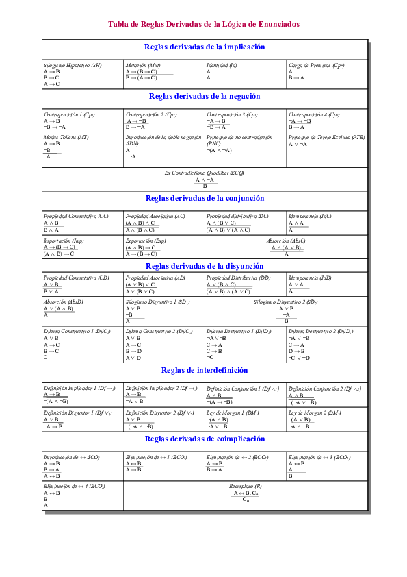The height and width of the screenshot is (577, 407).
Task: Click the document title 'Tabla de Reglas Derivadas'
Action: [204, 24]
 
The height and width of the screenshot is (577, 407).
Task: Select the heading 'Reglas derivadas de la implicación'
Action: [205, 47]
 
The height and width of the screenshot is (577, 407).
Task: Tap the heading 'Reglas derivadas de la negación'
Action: [205, 97]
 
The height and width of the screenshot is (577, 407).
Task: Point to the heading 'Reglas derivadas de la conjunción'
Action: [205, 198]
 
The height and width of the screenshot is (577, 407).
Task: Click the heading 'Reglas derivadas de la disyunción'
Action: [205, 265]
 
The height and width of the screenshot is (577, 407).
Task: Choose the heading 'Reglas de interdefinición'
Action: [205, 370]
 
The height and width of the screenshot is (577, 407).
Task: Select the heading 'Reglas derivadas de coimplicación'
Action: [205, 439]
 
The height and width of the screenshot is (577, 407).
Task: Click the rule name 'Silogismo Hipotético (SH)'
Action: [73, 65]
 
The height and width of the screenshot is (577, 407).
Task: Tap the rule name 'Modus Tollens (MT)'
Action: [66, 137]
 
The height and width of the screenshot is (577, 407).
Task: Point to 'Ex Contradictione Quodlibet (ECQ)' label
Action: [205, 173]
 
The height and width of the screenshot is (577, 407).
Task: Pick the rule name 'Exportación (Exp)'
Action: [146, 241]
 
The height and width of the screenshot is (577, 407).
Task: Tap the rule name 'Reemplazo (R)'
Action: [245, 486]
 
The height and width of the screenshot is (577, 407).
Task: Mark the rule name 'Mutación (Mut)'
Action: [143, 65]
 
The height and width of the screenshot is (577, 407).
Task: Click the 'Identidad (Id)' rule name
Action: [222, 65]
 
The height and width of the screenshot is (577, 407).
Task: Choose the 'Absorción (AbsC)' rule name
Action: [286, 241]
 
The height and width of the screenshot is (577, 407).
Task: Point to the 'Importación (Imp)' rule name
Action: [64, 241]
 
